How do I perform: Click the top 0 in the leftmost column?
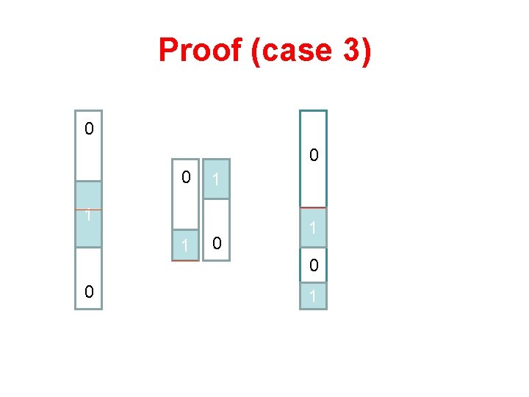point(88,129)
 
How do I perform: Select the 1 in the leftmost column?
point(87,216)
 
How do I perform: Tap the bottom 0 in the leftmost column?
point(88,292)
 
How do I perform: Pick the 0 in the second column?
point(187,177)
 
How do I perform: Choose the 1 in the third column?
point(215,180)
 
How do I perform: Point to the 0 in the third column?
point(215,243)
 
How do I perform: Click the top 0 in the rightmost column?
point(314,156)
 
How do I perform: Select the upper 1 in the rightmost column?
point(313,229)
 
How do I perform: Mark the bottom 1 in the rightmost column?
point(314,297)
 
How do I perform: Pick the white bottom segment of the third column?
point(216,229)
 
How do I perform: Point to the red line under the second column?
point(185,260)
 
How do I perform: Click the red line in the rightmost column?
point(313,207)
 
